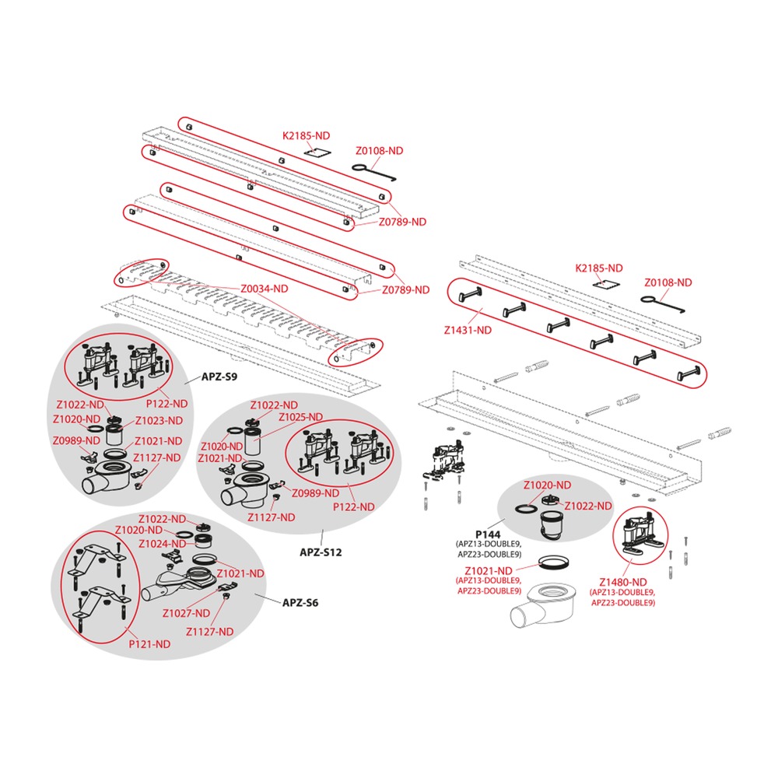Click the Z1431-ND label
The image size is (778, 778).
(x=468, y=330)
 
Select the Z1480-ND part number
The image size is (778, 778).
(x=622, y=582)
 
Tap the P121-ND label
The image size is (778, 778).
(x=149, y=644)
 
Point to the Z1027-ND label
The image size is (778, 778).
(x=186, y=613)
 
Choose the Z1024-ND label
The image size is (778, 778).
(x=163, y=544)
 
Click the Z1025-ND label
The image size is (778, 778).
(x=300, y=417)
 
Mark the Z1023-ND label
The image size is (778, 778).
(x=159, y=421)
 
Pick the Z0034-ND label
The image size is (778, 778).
(x=264, y=289)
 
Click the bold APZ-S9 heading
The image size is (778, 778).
(x=219, y=377)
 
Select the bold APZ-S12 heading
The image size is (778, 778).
(x=321, y=552)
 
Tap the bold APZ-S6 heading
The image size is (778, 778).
(x=300, y=603)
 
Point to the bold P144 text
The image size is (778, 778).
(x=488, y=534)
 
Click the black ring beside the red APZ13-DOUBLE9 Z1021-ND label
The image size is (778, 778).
(x=553, y=562)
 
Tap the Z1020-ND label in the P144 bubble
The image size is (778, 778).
(x=547, y=485)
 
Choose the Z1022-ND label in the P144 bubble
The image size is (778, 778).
(x=588, y=506)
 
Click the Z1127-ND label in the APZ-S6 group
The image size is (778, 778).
(x=209, y=632)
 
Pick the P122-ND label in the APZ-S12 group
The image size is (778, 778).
(x=353, y=507)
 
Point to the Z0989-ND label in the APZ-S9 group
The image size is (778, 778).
(x=76, y=440)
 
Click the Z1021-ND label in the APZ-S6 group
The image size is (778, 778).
(x=240, y=573)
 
